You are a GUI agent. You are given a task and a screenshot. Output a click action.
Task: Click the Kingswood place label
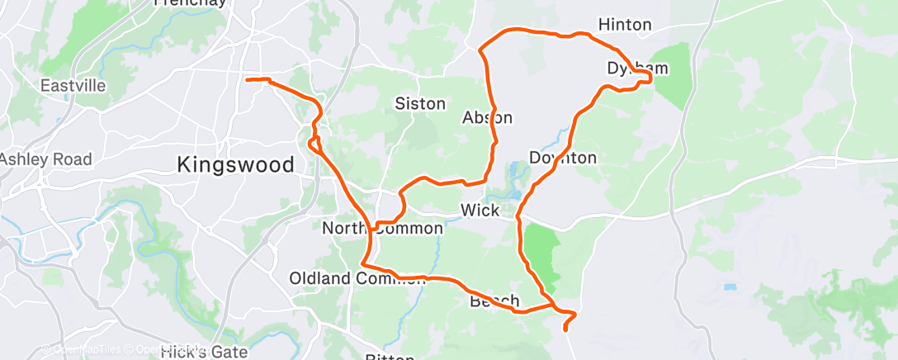(x=235, y=165)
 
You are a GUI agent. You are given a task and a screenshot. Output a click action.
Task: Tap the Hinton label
(x=624, y=25)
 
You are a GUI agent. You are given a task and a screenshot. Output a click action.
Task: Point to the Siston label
(x=420, y=104)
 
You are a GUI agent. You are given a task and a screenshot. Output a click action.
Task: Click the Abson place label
(x=487, y=117)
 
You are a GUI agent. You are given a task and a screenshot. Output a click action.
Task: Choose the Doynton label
(x=562, y=157)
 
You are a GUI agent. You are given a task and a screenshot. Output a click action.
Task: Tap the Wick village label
(x=480, y=211)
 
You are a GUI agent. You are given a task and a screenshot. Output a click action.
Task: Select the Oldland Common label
(x=356, y=278)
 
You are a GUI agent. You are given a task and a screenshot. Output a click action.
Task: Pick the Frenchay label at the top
(x=191, y=3)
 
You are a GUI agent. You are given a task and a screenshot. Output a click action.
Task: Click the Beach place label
(x=494, y=301)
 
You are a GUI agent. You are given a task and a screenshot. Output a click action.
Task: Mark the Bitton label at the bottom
(x=388, y=356)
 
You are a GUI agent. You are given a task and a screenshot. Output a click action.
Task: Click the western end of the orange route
(x=248, y=79)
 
